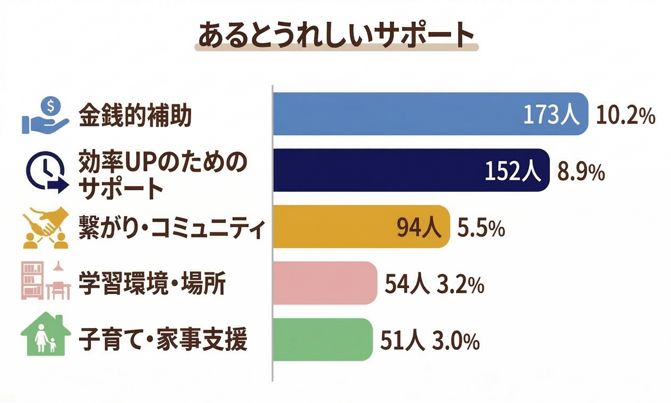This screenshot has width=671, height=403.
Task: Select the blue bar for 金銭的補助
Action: pos(396,114)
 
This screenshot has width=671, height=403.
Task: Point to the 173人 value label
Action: pos(551,115)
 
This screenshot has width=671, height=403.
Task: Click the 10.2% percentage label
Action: pos(625,115)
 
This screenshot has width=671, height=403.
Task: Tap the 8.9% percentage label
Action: pos(581,172)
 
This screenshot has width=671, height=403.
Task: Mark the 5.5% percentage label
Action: pos(481,228)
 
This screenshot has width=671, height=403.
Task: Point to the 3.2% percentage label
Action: pos(460,285)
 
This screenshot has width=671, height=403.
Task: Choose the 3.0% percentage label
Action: pos(455,341)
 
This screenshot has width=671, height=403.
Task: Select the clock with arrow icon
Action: pos(47,172)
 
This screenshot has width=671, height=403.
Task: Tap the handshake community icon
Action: pos(46,228)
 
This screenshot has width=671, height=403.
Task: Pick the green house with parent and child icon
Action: pos(45,335)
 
